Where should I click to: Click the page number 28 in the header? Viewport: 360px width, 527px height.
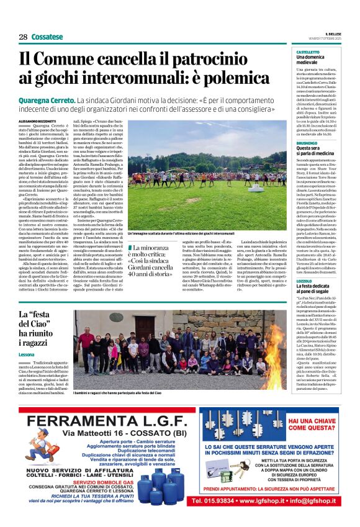tap(23, 37)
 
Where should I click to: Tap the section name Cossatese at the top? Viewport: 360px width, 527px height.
tap(47, 37)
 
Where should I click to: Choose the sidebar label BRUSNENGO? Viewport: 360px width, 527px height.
tap(307, 143)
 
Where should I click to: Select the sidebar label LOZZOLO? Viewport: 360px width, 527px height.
tap(304, 263)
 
